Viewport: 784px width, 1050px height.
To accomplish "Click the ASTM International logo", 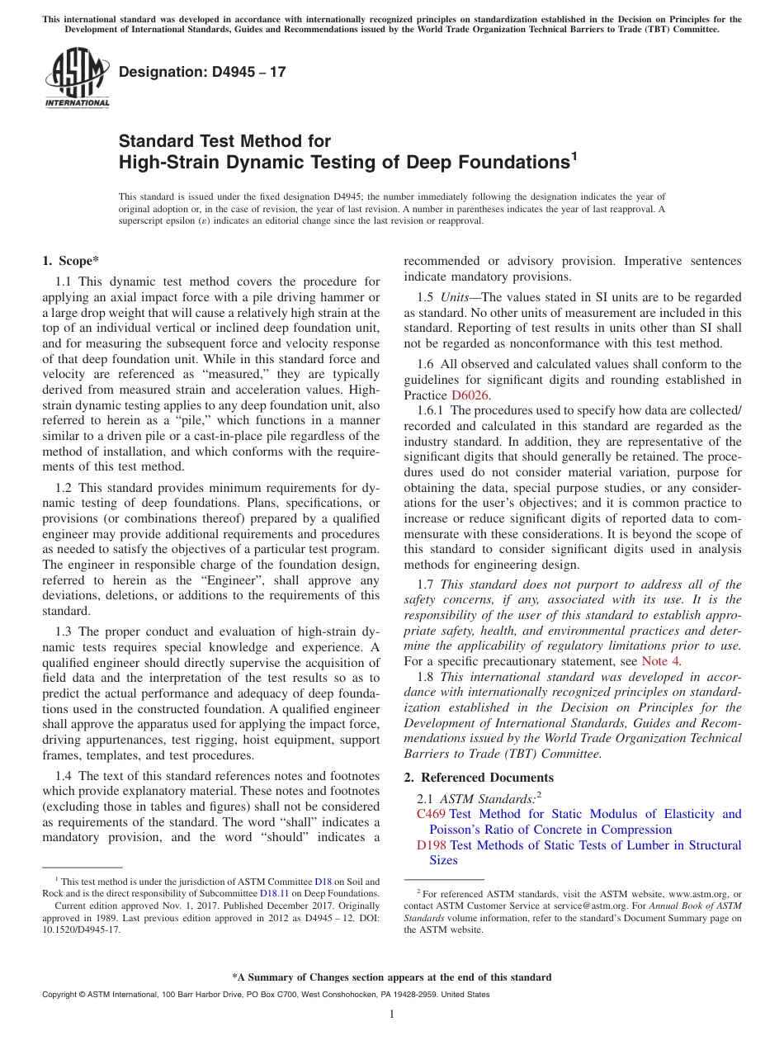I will click(x=76, y=78).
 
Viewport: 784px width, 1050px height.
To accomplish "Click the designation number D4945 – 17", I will click(x=202, y=72).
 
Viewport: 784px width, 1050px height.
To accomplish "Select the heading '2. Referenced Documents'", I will click(x=479, y=777).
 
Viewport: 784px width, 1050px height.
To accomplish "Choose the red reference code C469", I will click(x=431, y=814).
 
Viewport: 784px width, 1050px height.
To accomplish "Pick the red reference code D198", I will click(x=431, y=845).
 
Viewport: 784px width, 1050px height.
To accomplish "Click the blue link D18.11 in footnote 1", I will click(x=274, y=892).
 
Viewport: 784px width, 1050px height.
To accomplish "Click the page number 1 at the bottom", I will click(x=392, y=1015).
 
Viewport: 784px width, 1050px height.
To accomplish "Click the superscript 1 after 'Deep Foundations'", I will click(x=574, y=155).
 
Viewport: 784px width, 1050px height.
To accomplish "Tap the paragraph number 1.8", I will click(x=427, y=677).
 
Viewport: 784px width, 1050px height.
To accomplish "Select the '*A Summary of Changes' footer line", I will click(x=392, y=977).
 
